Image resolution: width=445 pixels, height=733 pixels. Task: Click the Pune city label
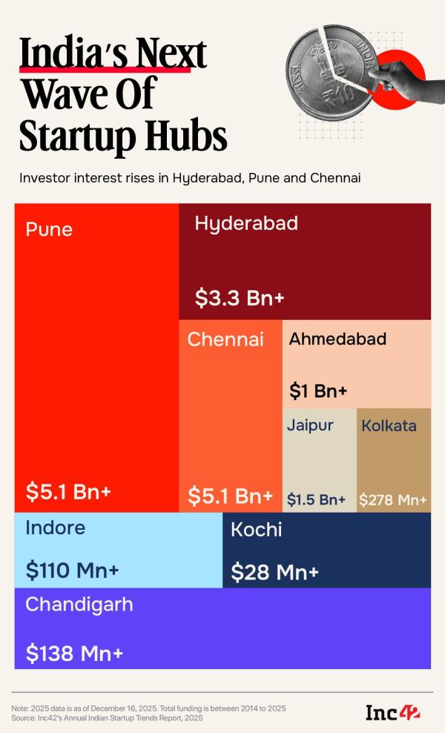click(49, 229)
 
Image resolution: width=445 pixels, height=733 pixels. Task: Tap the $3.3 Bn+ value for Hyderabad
click(240, 298)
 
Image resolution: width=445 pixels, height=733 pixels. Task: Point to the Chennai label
click(225, 340)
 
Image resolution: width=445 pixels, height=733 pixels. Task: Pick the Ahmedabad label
click(337, 339)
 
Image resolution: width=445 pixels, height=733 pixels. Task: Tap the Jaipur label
click(310, 426)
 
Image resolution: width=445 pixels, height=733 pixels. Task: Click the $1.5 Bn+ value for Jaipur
click(317, 500)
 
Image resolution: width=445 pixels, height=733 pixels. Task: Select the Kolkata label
click(389, 426)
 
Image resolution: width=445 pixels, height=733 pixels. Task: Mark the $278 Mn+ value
click(393, 500)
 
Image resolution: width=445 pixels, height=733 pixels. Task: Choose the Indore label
click(56, 528)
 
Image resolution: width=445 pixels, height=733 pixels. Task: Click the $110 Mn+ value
click(72, 571)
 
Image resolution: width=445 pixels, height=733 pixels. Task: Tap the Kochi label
click(256, 530)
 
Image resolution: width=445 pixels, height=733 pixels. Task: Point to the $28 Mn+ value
click(274, 572)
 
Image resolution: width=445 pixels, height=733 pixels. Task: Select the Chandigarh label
click(79, 605)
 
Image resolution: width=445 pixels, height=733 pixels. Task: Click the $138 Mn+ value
click(74, 654)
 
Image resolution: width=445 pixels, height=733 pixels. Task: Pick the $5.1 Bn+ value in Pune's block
click(71, 491)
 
